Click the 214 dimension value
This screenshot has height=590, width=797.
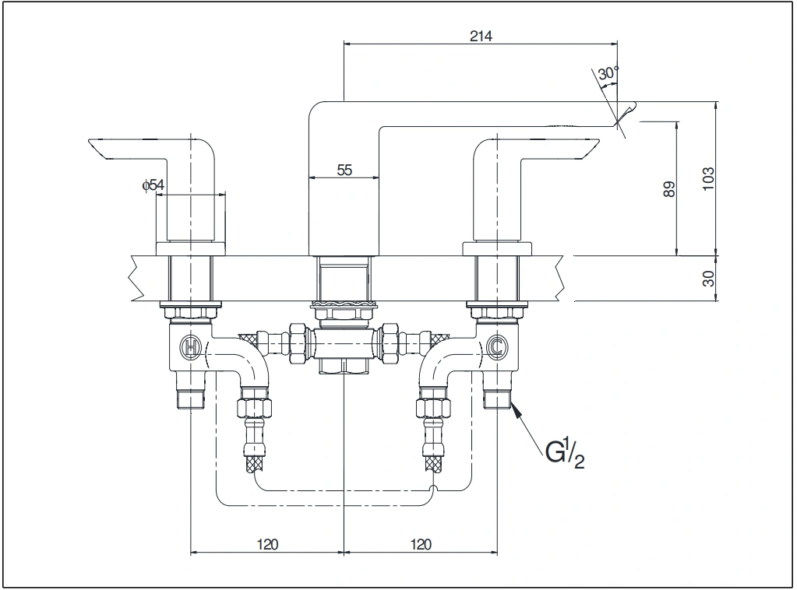point(481,35)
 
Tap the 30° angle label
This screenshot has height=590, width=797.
point(608,74)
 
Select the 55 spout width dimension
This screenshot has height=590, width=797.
point(344,170)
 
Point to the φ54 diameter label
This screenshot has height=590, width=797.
point(153,184)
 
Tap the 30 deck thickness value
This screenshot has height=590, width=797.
point(708,278)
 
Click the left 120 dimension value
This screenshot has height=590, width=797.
point(267,543)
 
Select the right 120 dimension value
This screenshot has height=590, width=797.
point(420,543)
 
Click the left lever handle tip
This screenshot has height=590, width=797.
point(97,147)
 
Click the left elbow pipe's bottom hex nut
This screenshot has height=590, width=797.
point(254,407)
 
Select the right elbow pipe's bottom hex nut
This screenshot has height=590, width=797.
point(434,407)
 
